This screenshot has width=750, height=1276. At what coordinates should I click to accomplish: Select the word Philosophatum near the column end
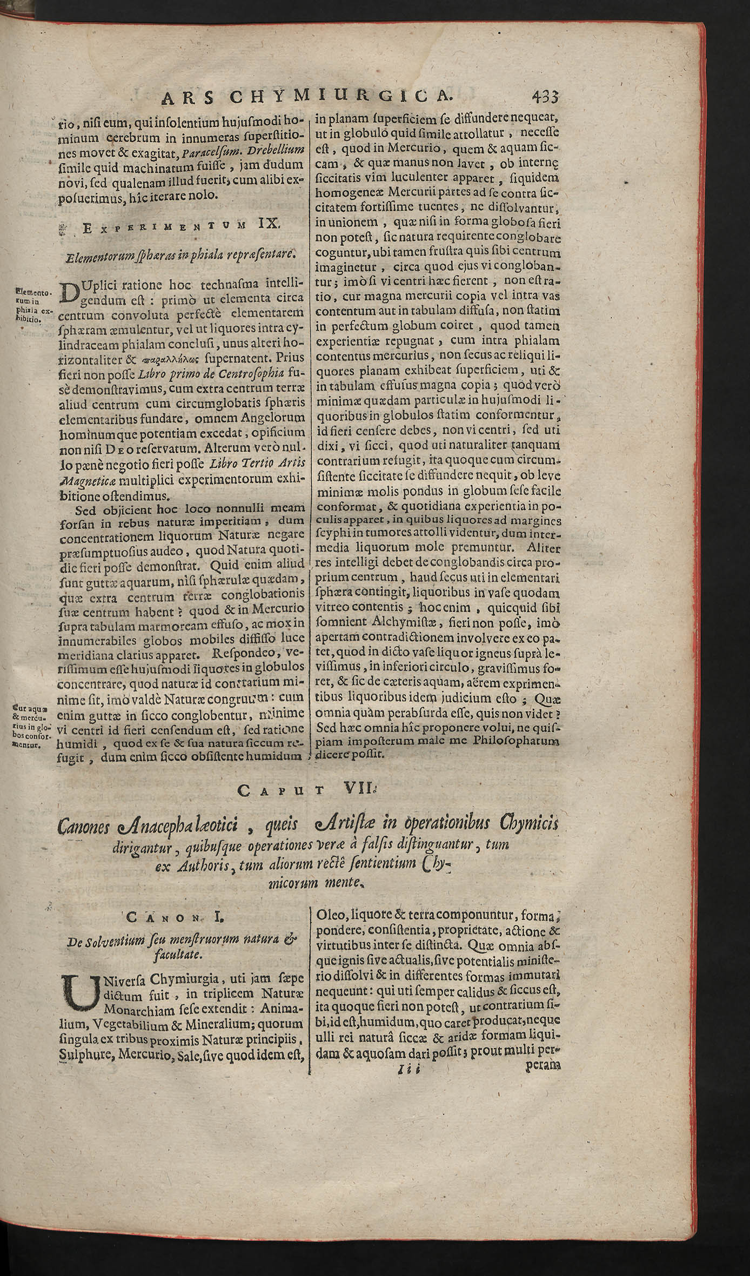[523, 742]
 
